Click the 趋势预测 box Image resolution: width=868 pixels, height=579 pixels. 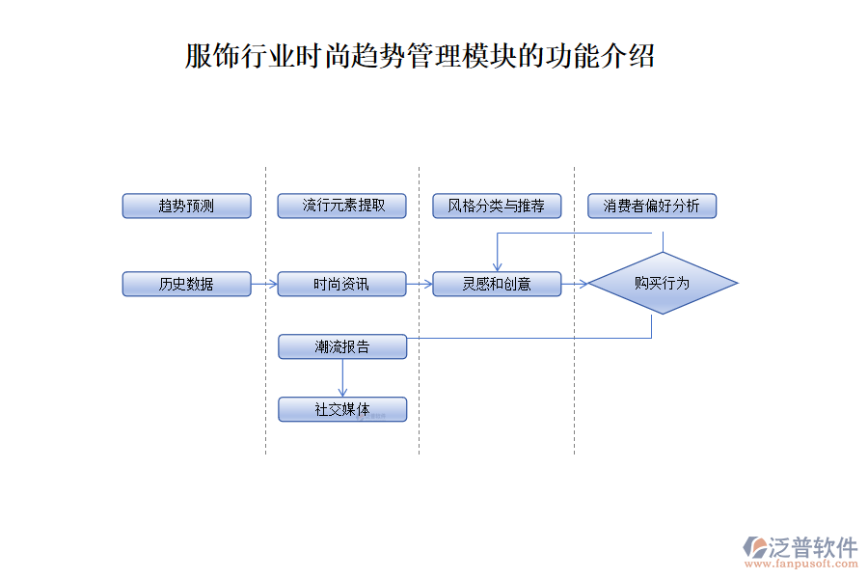[186, 206]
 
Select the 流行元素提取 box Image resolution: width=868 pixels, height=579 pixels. [341, 206]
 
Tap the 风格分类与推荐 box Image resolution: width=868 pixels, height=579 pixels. [497, 206]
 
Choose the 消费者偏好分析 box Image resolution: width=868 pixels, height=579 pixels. [652, 206]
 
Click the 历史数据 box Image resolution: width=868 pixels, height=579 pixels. [186, 284]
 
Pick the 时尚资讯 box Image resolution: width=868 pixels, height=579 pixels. [341, 284]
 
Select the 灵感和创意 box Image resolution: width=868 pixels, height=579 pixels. [497, 284]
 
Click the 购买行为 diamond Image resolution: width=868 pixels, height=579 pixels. [663, 284]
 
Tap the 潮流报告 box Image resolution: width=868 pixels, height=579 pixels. [342, 346]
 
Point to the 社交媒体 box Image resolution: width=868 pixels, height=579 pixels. [342, 409]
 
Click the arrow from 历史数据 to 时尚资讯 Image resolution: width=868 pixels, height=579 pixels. [264, 284]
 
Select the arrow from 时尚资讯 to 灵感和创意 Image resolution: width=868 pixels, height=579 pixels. [420, 284]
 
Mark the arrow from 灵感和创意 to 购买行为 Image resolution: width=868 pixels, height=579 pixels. [575, 284]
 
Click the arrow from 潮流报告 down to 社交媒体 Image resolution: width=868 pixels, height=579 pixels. [342, 377]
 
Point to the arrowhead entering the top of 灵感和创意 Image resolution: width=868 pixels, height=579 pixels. [497, 266]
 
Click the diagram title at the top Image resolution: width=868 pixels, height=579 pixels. [420, 56]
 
